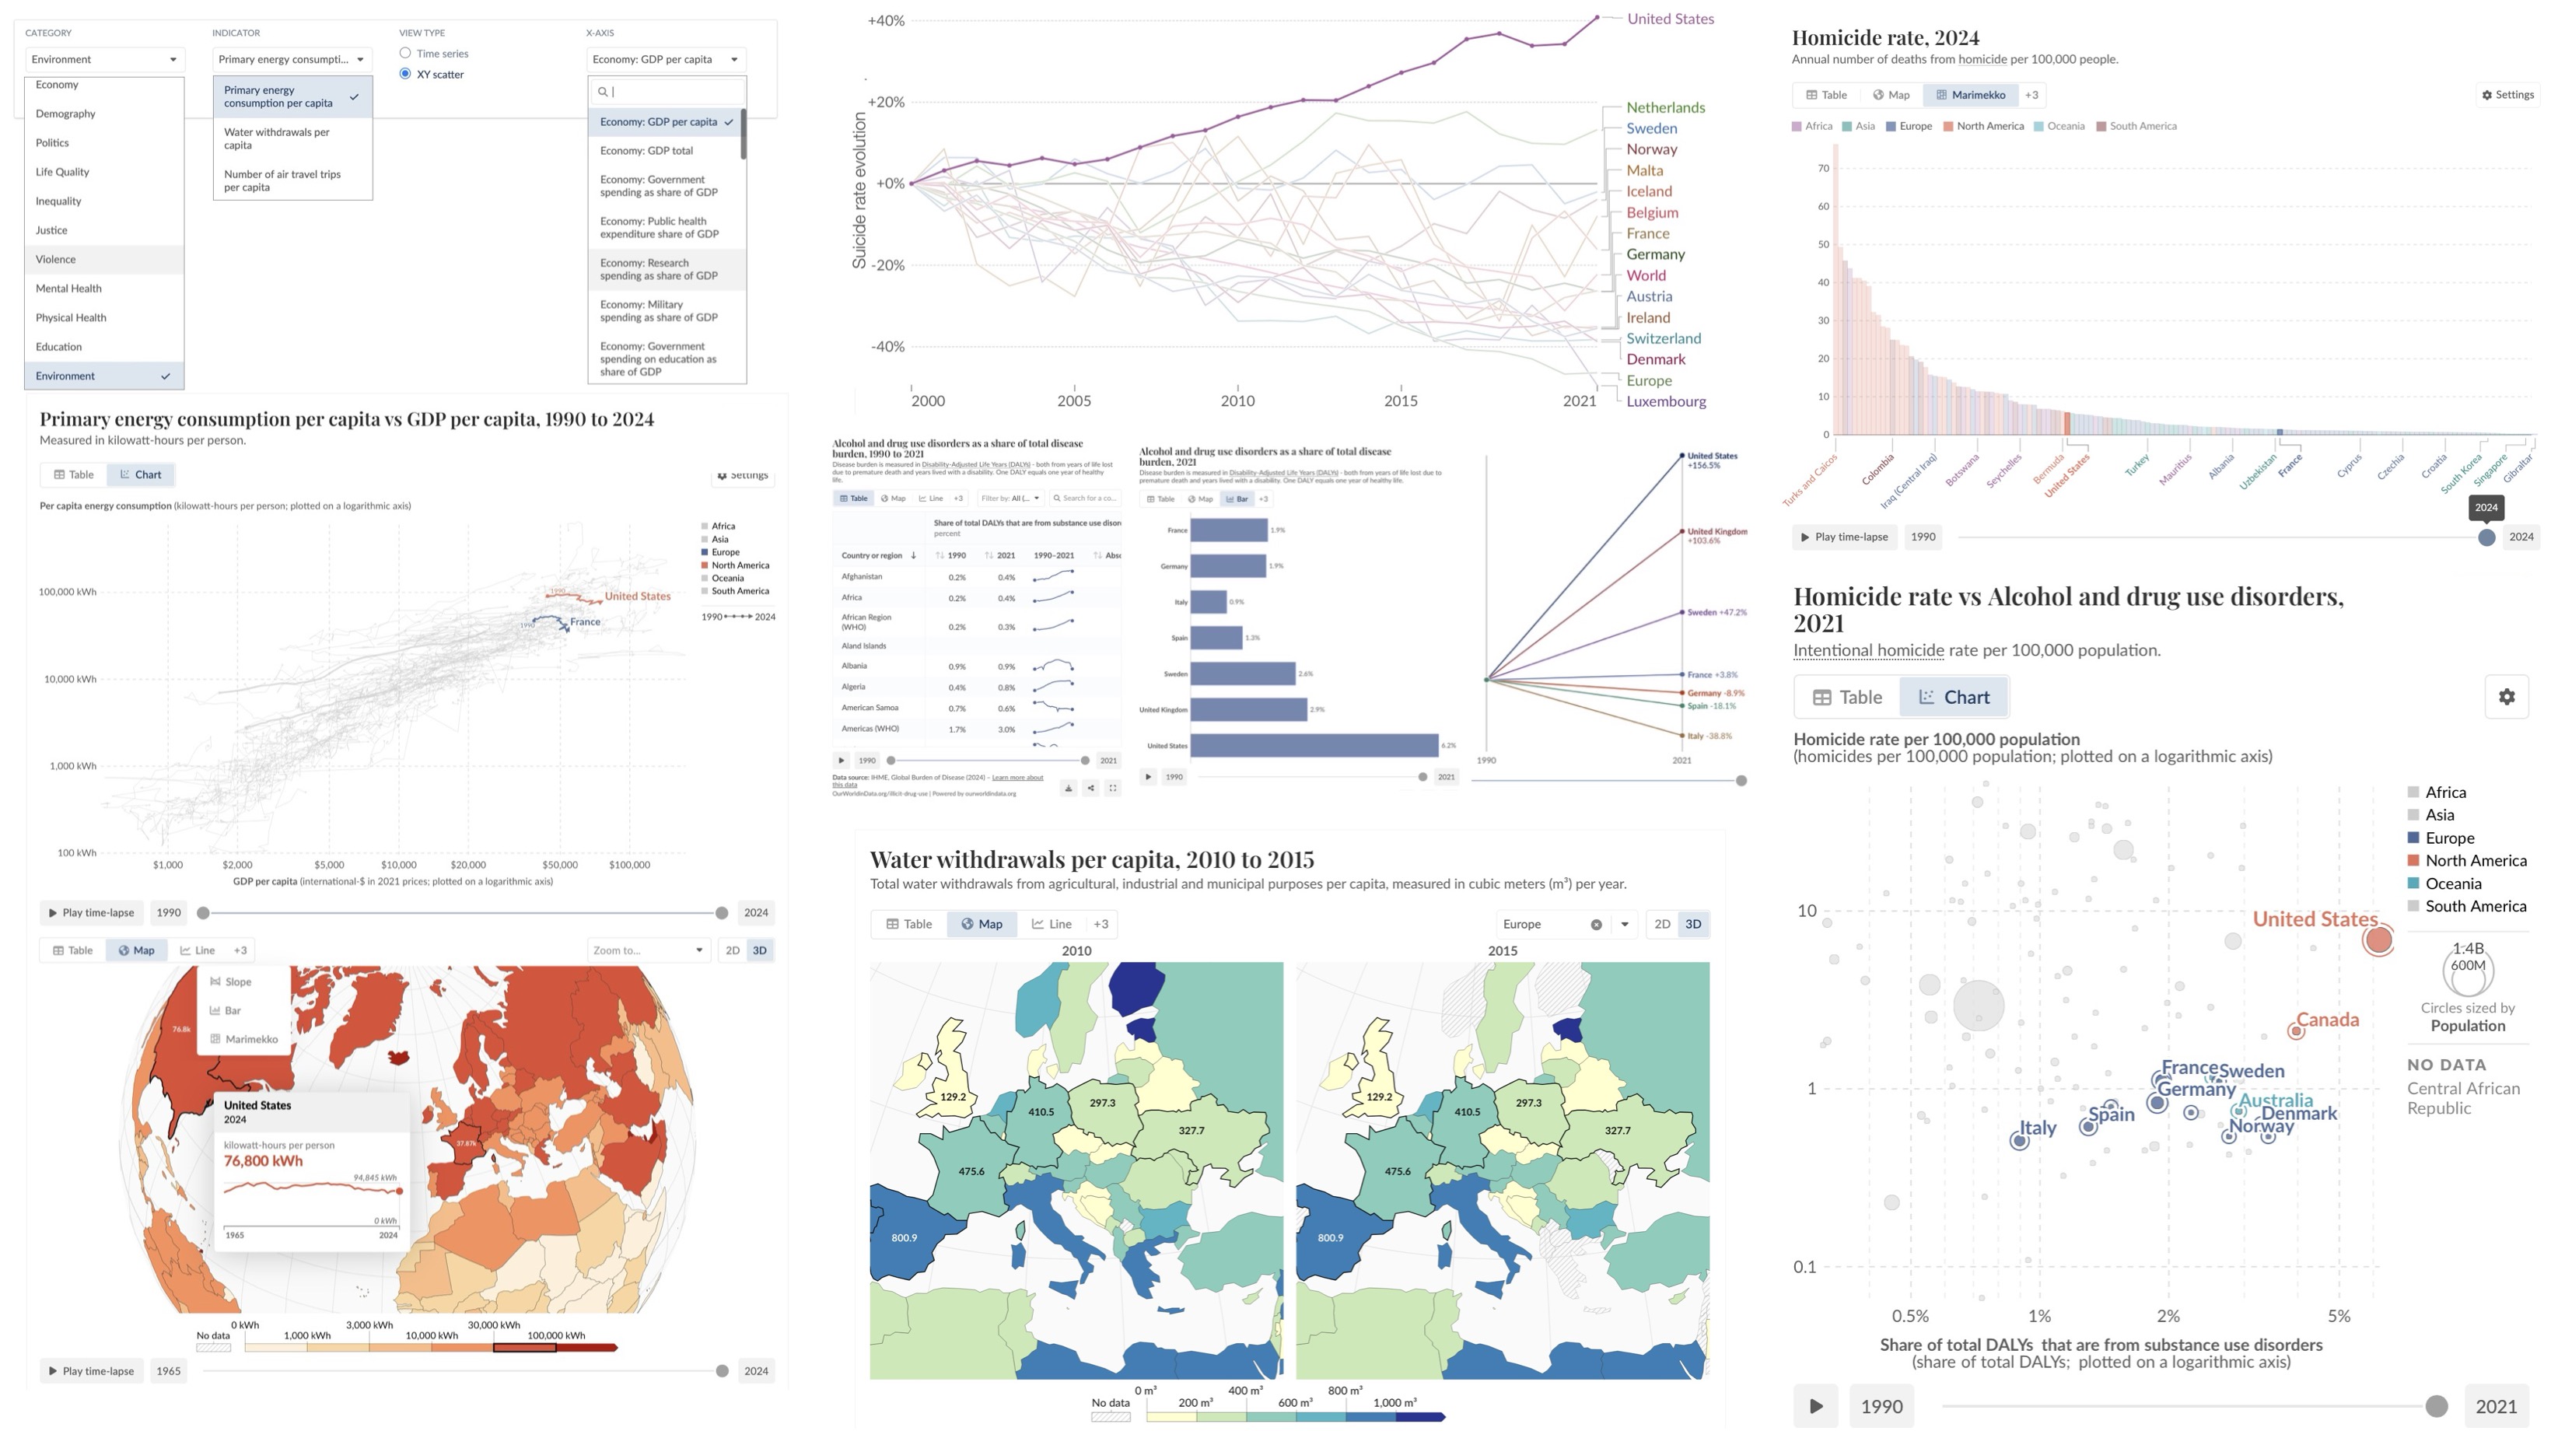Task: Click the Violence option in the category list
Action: [55, 260]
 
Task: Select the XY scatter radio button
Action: [405, 75]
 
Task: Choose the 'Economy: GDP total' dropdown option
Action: [646, 151]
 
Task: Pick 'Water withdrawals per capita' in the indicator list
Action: [276, 138]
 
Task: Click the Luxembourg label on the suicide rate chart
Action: [1666, 401]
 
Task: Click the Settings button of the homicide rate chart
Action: [2507, 95]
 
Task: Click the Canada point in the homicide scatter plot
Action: [2295, 1031]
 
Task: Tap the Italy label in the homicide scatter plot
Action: [2037, 1127]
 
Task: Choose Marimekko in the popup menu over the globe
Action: [250, 1039]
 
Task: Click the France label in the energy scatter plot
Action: [584, 622]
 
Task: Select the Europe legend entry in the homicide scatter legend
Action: [2449, 838]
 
